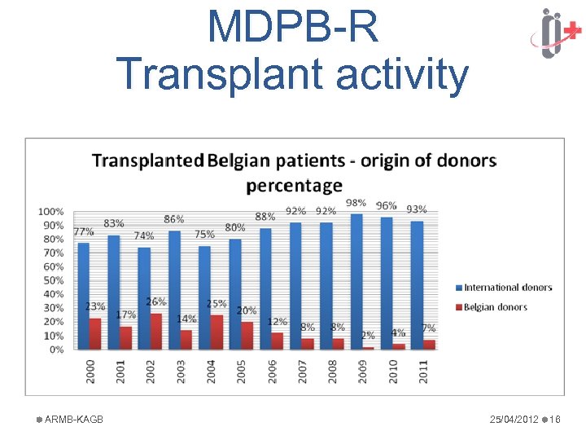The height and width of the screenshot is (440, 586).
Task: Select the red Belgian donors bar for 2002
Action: tap(156, 332)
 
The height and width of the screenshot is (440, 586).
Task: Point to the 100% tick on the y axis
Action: tap(51, 212)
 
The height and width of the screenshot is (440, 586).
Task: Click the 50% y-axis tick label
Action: tap(53, 280)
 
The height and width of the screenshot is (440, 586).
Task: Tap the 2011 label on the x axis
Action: tap(422, 372)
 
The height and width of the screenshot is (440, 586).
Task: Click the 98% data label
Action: tap(356, 203)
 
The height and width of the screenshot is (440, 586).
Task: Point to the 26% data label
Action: tap(155, 301)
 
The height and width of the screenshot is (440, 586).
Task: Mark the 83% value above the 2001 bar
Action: tap(114, 223)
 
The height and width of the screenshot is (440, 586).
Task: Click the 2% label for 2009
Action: tap(368, 335)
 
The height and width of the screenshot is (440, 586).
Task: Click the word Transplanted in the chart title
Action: tap(147, 160)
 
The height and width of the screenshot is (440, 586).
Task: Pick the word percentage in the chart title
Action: tap(294, 185)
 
